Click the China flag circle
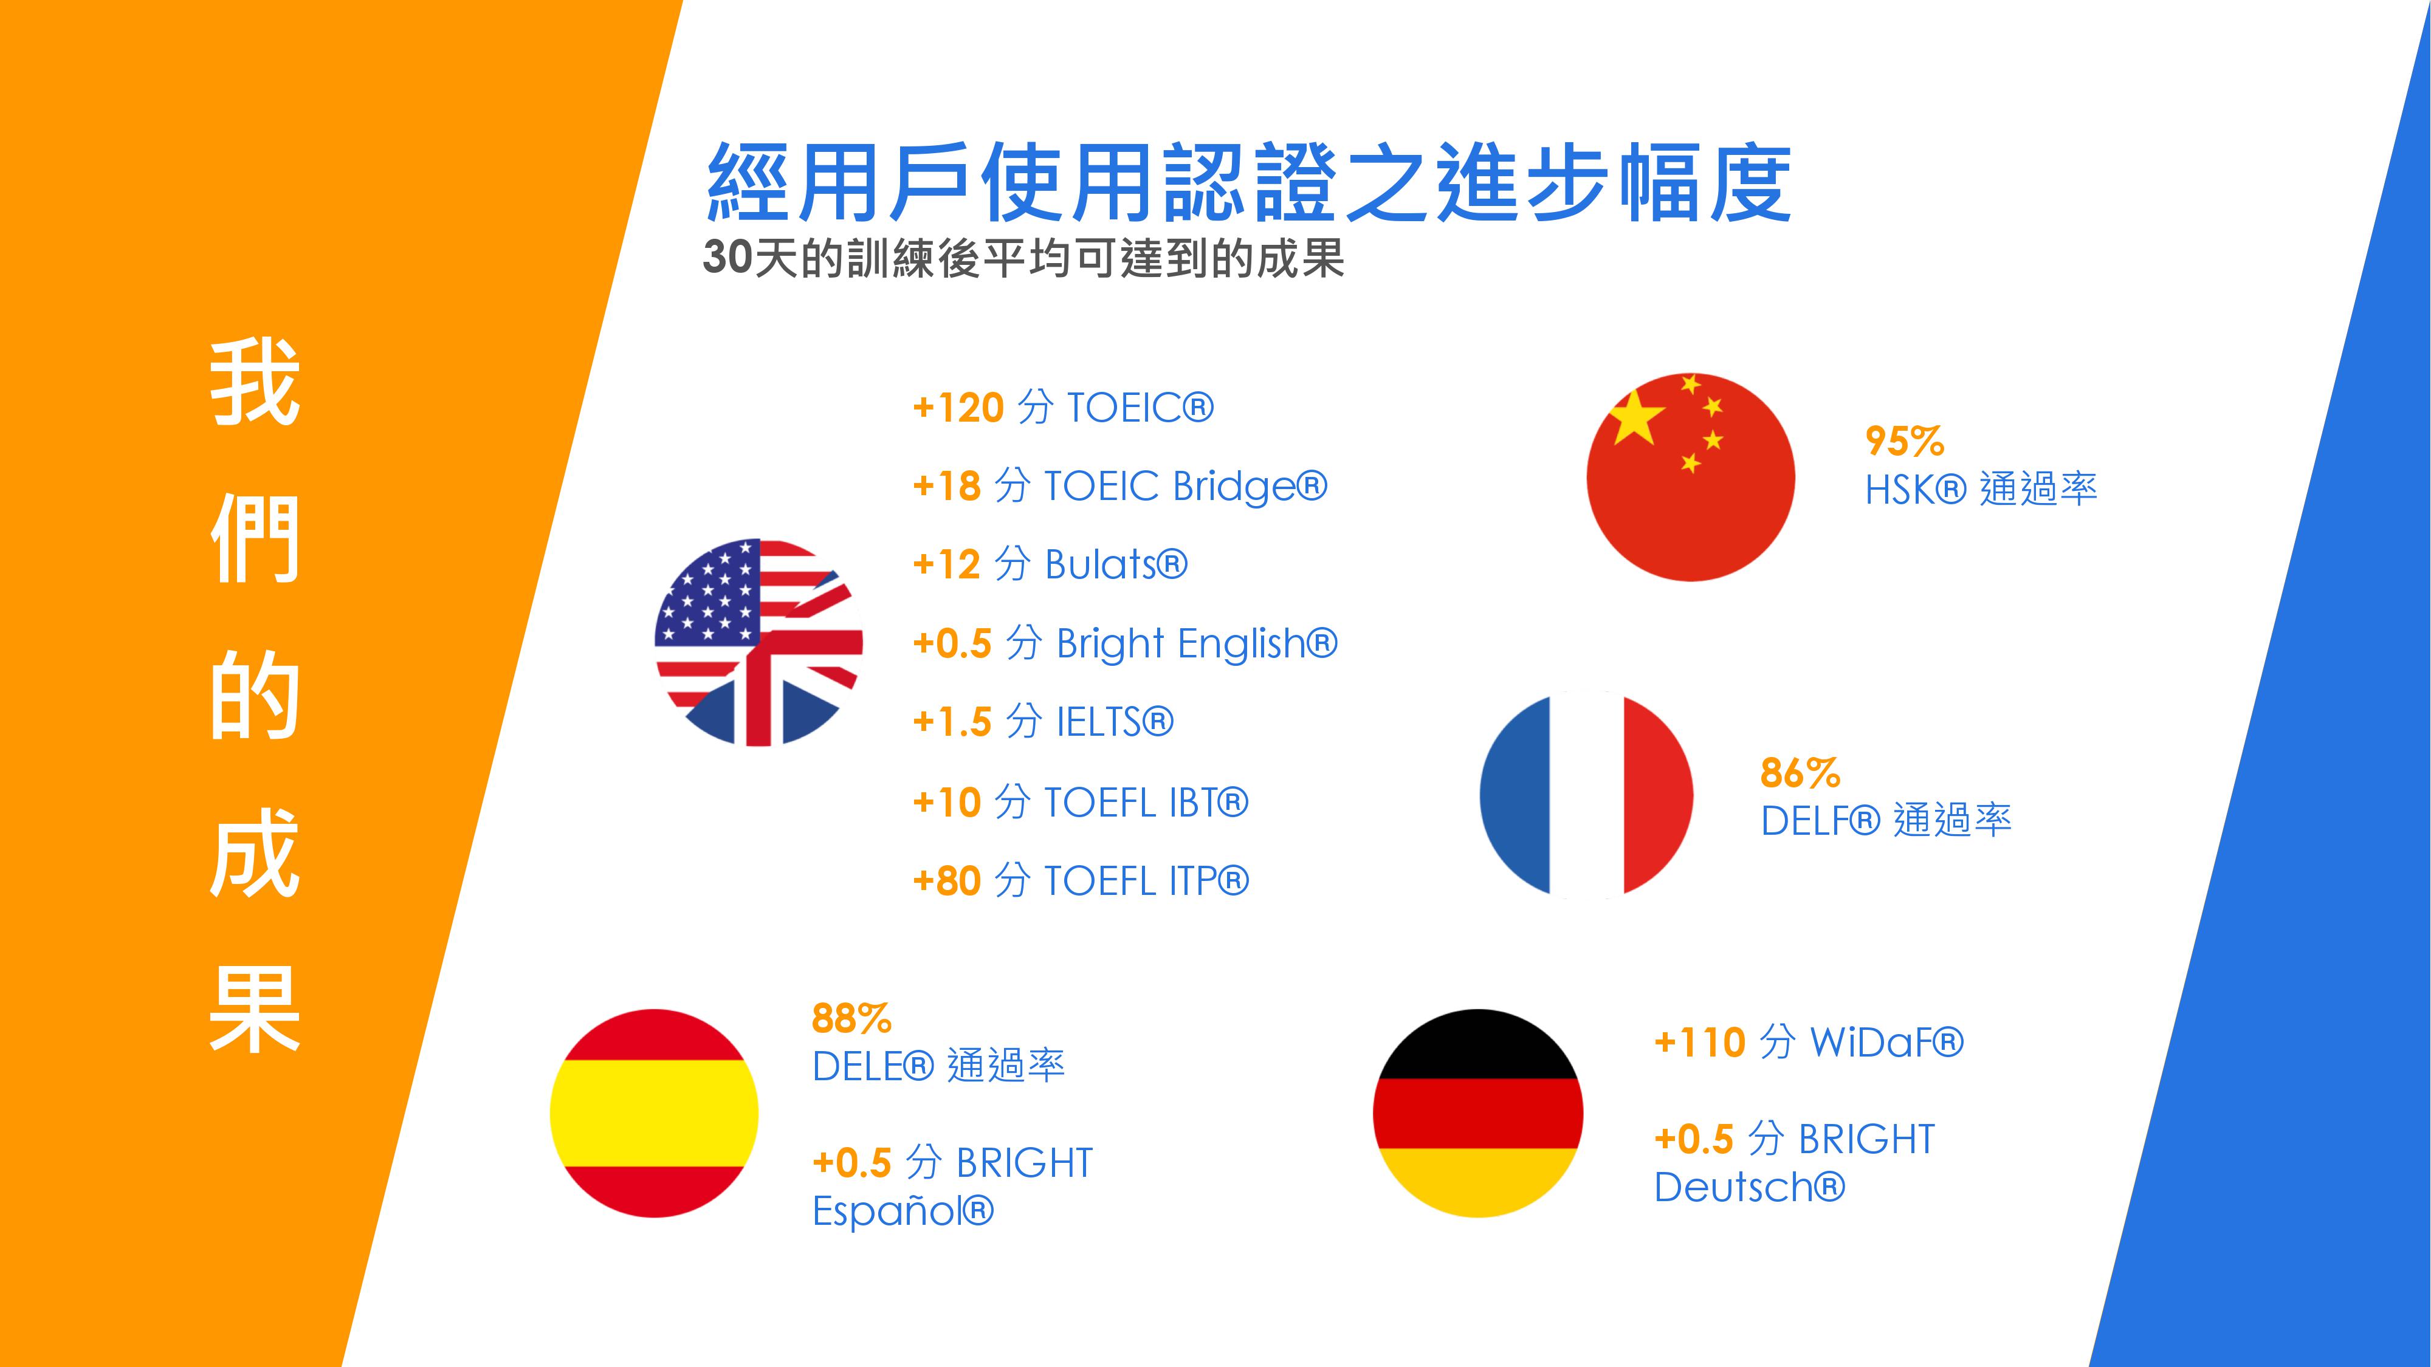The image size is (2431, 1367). coord(1690,476)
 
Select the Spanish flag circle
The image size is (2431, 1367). coord(654,1113)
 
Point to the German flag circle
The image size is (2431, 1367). coord(1478,1113)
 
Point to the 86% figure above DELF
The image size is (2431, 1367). coord(1800,773)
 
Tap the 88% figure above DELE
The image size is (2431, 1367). coord(851,1019)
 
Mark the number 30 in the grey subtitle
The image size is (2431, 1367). coord(727,258)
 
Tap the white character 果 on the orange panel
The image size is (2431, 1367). coord(255,1009)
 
